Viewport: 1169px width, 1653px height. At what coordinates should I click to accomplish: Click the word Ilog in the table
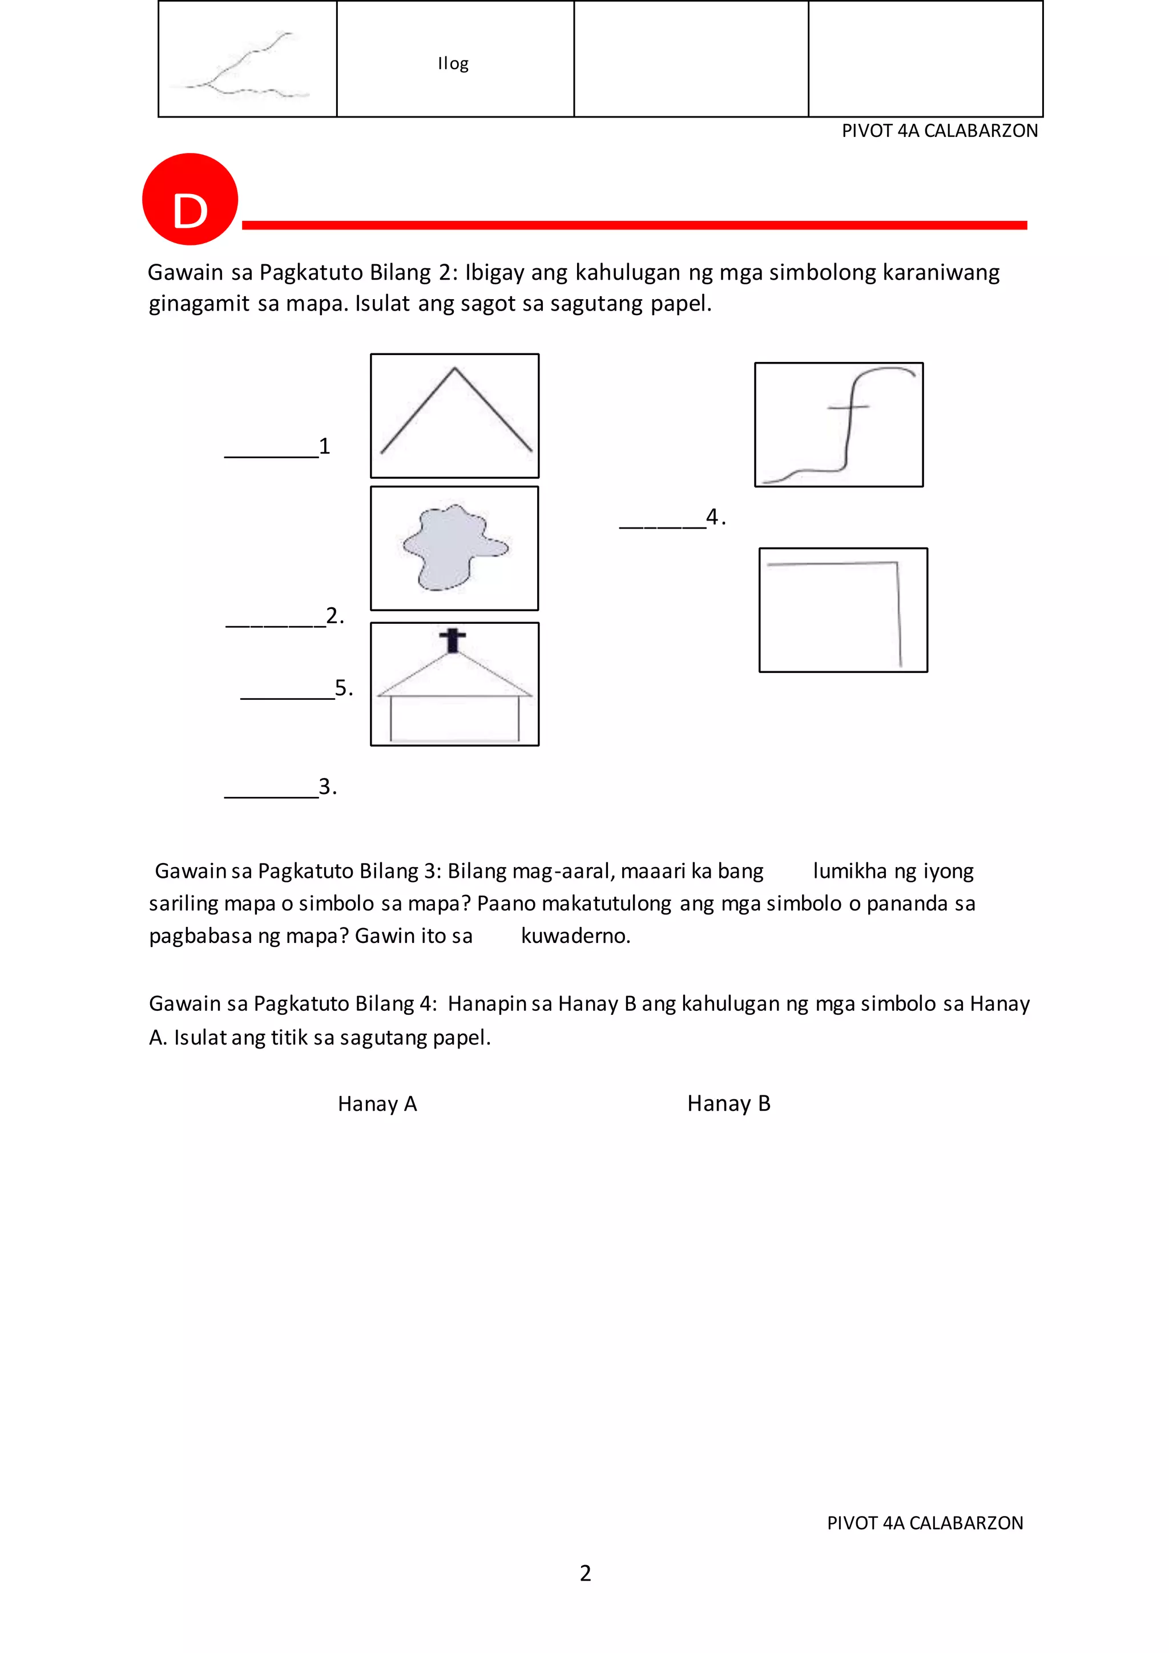[453, 63]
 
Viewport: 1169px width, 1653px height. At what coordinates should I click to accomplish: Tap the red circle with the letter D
[190, 199]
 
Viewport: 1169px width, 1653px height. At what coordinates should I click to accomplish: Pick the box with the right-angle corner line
[843, 610]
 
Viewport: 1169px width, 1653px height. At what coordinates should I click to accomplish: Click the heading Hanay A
[377, 1104]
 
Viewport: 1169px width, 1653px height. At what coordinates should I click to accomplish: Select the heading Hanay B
[728, 1104]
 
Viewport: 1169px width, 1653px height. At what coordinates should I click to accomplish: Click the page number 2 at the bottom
[585, 1573]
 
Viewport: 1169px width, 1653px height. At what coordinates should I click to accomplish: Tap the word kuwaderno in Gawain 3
[575, 936]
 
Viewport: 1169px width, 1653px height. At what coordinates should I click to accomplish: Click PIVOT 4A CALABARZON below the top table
[940, 131]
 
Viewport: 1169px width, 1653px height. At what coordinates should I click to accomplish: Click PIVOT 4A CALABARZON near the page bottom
[925, 1523]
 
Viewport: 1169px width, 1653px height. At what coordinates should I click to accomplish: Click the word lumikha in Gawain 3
[849, 871]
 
